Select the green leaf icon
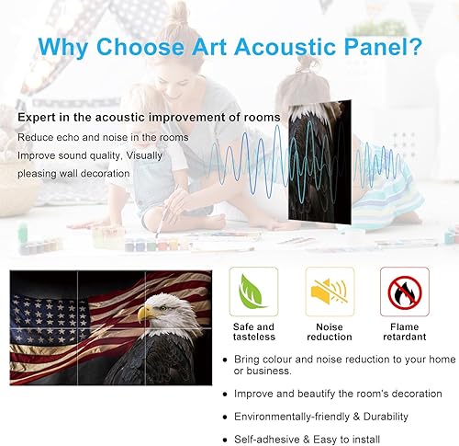coord(252,292)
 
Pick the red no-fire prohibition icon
coord(405,292)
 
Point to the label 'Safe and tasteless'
coord(252,332)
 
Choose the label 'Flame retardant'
coord(405,332)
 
